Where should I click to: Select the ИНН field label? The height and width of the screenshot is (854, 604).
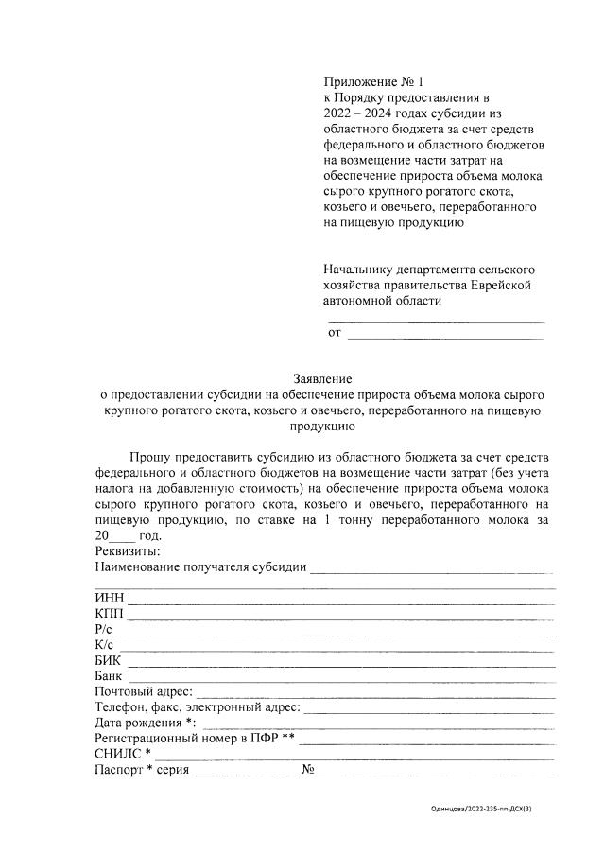click(110, 598)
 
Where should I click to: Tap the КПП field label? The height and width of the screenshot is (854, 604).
click(110, 614)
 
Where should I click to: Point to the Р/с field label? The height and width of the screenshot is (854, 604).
click(104, 630)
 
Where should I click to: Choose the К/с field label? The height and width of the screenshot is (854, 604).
click(104, 646)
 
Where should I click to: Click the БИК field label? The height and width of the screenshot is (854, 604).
click(109, 662)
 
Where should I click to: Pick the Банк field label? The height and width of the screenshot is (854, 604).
click(110, 677)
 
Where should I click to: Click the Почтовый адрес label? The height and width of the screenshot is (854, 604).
click(145, 693)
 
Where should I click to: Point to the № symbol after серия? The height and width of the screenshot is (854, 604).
click(307, 770)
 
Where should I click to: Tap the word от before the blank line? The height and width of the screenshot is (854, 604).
click(335, 332)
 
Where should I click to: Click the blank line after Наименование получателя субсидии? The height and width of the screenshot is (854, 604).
click(432, 569)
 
